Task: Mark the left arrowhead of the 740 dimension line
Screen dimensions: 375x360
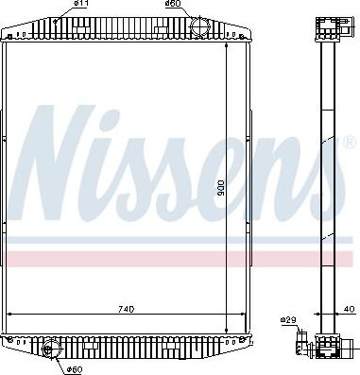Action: point(10,315)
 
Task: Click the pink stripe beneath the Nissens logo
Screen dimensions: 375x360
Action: point(142,258)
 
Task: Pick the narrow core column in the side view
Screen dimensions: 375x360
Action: point(328,189)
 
